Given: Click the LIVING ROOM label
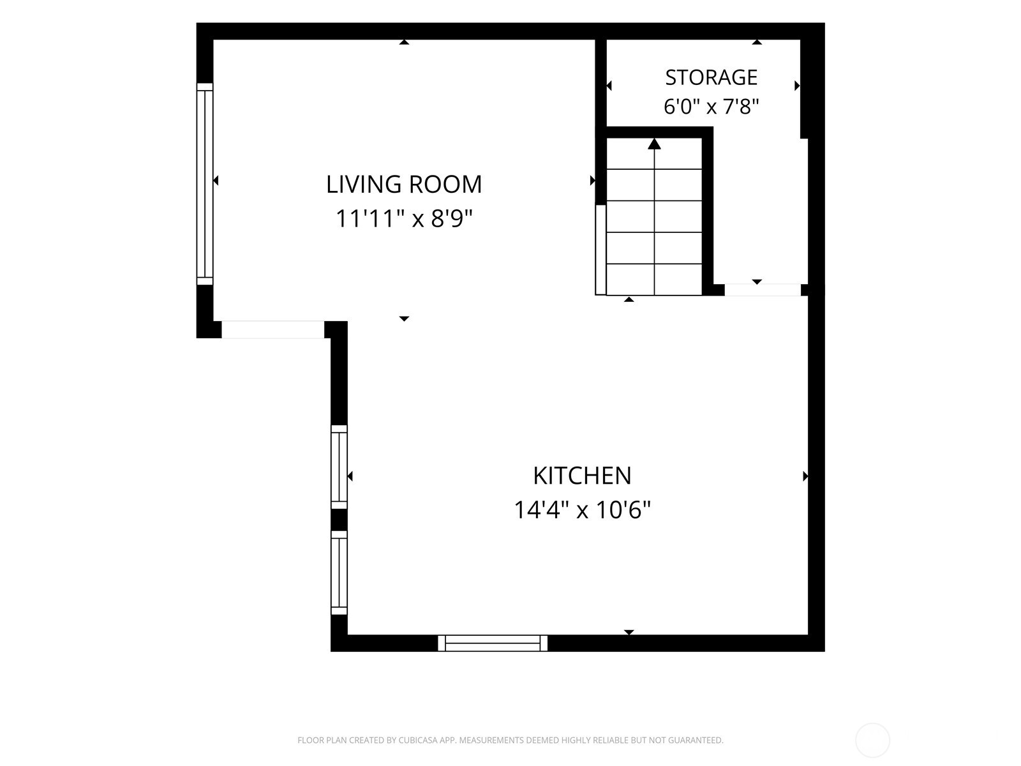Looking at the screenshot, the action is pos(404,184).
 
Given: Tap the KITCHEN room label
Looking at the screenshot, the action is pos(582,476).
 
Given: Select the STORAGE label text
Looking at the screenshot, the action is pos(712,77).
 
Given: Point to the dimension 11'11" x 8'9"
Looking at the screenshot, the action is pos(404,218).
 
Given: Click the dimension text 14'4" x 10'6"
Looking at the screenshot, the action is pos(582,510).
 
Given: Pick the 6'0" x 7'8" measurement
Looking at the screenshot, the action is pos(712,107).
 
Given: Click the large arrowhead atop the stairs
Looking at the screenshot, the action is pos(655,144).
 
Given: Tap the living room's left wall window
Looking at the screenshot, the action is pos(205,184).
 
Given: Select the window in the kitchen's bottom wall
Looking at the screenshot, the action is pos(493,643).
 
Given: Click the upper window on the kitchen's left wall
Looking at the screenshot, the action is pos(339,467).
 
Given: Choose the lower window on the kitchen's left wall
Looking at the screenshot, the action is pos(339,573).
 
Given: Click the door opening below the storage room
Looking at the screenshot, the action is pos(763,290).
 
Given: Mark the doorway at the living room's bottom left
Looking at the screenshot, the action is pos(272,330).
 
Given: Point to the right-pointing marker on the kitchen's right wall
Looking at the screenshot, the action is pos(805,476).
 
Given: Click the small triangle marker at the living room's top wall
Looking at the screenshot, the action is pos(404,42).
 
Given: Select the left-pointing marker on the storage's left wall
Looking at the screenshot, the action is pos(609,86).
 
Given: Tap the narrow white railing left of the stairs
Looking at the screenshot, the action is pos(600,250).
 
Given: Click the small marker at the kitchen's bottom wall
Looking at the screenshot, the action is pos(629,632).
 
